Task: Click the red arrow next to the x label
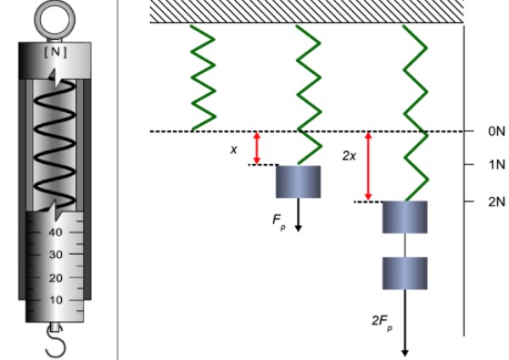click(257, 148)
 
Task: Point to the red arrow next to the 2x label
click(368, 166)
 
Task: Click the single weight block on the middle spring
click(298, 182)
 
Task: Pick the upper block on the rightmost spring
click(405, 217)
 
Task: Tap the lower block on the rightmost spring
click(405, 273)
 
